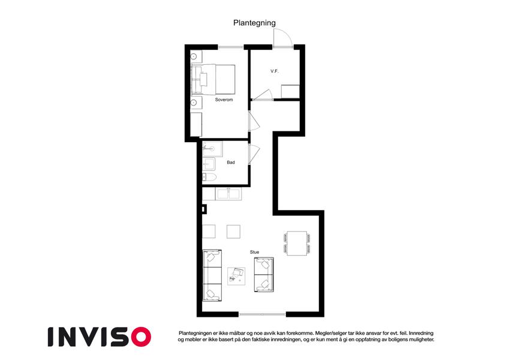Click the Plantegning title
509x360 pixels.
pos(254,23)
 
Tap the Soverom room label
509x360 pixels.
pos(224,100)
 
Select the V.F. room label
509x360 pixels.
pos(275,71)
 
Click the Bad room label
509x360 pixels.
pos(231,162)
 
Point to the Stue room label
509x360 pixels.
pos(254,252)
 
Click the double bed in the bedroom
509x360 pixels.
pos(213,79)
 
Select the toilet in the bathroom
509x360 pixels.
pos(209,177)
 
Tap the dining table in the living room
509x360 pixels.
pos(297,244)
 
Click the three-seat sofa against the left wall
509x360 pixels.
pos(212,275)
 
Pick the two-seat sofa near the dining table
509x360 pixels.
pos(264,275)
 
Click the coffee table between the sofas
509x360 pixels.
pos(236,276)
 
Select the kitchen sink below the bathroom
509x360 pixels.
pos(229,194)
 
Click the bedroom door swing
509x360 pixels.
pos(254,121)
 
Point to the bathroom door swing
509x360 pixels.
pos(254,154)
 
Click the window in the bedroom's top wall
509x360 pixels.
pos(231,47)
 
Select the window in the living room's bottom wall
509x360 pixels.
pos(262,314)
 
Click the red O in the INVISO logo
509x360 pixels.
pos(141,337)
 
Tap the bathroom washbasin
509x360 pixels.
pos(209,164)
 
